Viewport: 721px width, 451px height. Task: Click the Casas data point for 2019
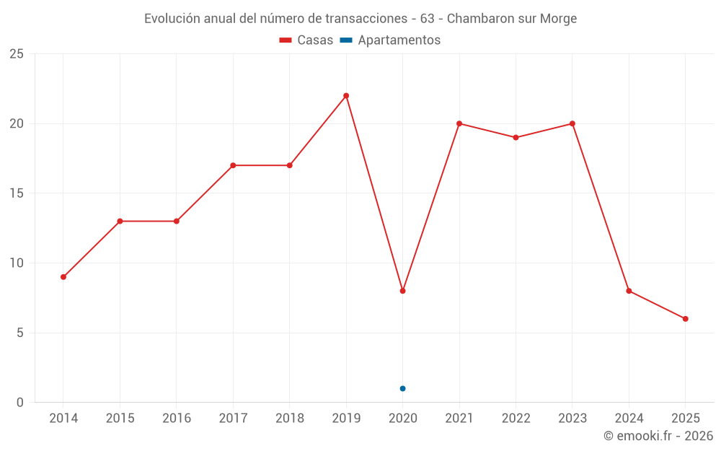[346, 95]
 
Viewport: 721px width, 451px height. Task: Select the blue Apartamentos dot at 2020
[402, 388]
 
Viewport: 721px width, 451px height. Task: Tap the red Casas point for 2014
[63, 277]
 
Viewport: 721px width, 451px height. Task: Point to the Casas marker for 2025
[685, 319]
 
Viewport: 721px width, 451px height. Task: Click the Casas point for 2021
[459, 123]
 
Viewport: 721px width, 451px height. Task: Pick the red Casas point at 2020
[402, 291]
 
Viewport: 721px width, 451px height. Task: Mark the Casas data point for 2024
[629, 291]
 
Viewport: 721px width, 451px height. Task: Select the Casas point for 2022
[516, 137]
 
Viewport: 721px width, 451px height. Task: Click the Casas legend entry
[306, 40]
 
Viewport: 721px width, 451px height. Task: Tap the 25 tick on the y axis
[17, 54]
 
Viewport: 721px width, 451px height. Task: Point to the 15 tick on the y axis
[17, 193]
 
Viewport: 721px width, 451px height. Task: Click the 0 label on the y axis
[20, 403]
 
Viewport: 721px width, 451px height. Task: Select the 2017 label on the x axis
[233, 419]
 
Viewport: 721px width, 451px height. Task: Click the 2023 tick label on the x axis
[572, 419]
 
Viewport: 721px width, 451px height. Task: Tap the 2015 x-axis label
[120, 419]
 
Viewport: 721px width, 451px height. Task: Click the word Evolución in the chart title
[172, 19]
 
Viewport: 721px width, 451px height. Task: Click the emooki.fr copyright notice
[658, 436]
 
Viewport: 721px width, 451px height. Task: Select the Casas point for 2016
[177, 221]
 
